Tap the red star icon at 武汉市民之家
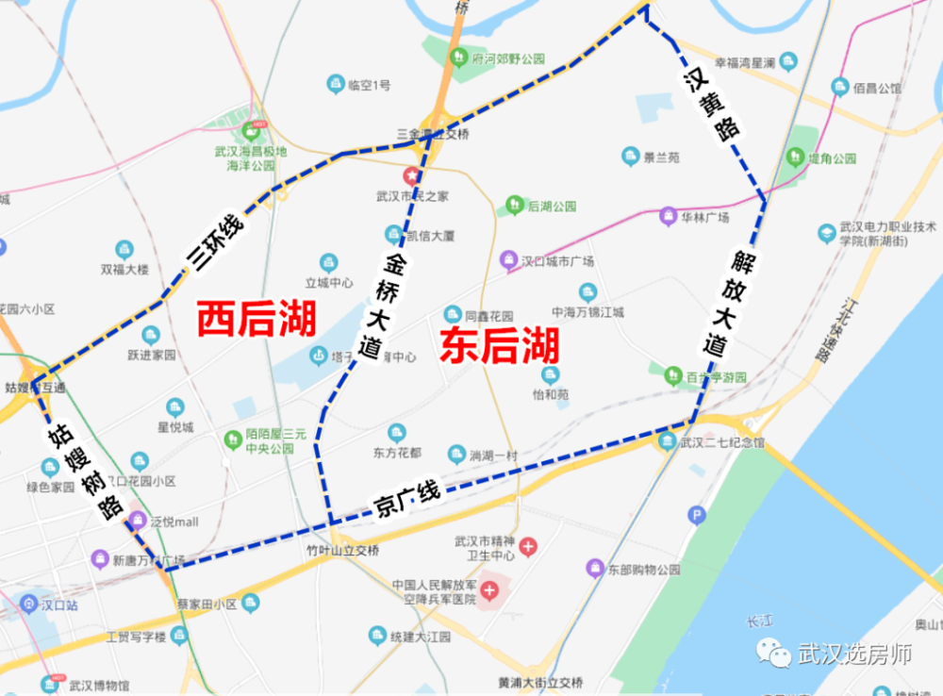[x=412, y=175]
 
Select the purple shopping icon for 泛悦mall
[x=139, y=520]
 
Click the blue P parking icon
[x=697, y=515]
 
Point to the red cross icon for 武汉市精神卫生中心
[x=528, y=546]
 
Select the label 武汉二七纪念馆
[x=722, y=442]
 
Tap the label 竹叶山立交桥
[x=343, y=551]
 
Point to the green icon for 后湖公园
[x=515, y=205]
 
